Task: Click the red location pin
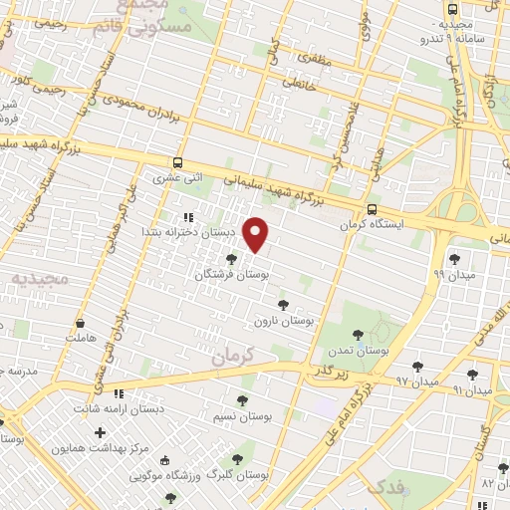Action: [256, 235]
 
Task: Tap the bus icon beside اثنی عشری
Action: [177, 162]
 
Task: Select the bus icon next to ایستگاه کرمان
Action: [372, 210]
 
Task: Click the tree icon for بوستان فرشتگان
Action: [232, 259]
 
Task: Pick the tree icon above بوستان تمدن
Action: [359, 335]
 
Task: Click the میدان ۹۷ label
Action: [416, 382]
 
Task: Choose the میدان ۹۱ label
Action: [472, 390]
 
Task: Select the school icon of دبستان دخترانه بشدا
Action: [187, 217]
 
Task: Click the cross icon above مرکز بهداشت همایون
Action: [100, 432]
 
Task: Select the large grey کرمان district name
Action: [235, 354]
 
